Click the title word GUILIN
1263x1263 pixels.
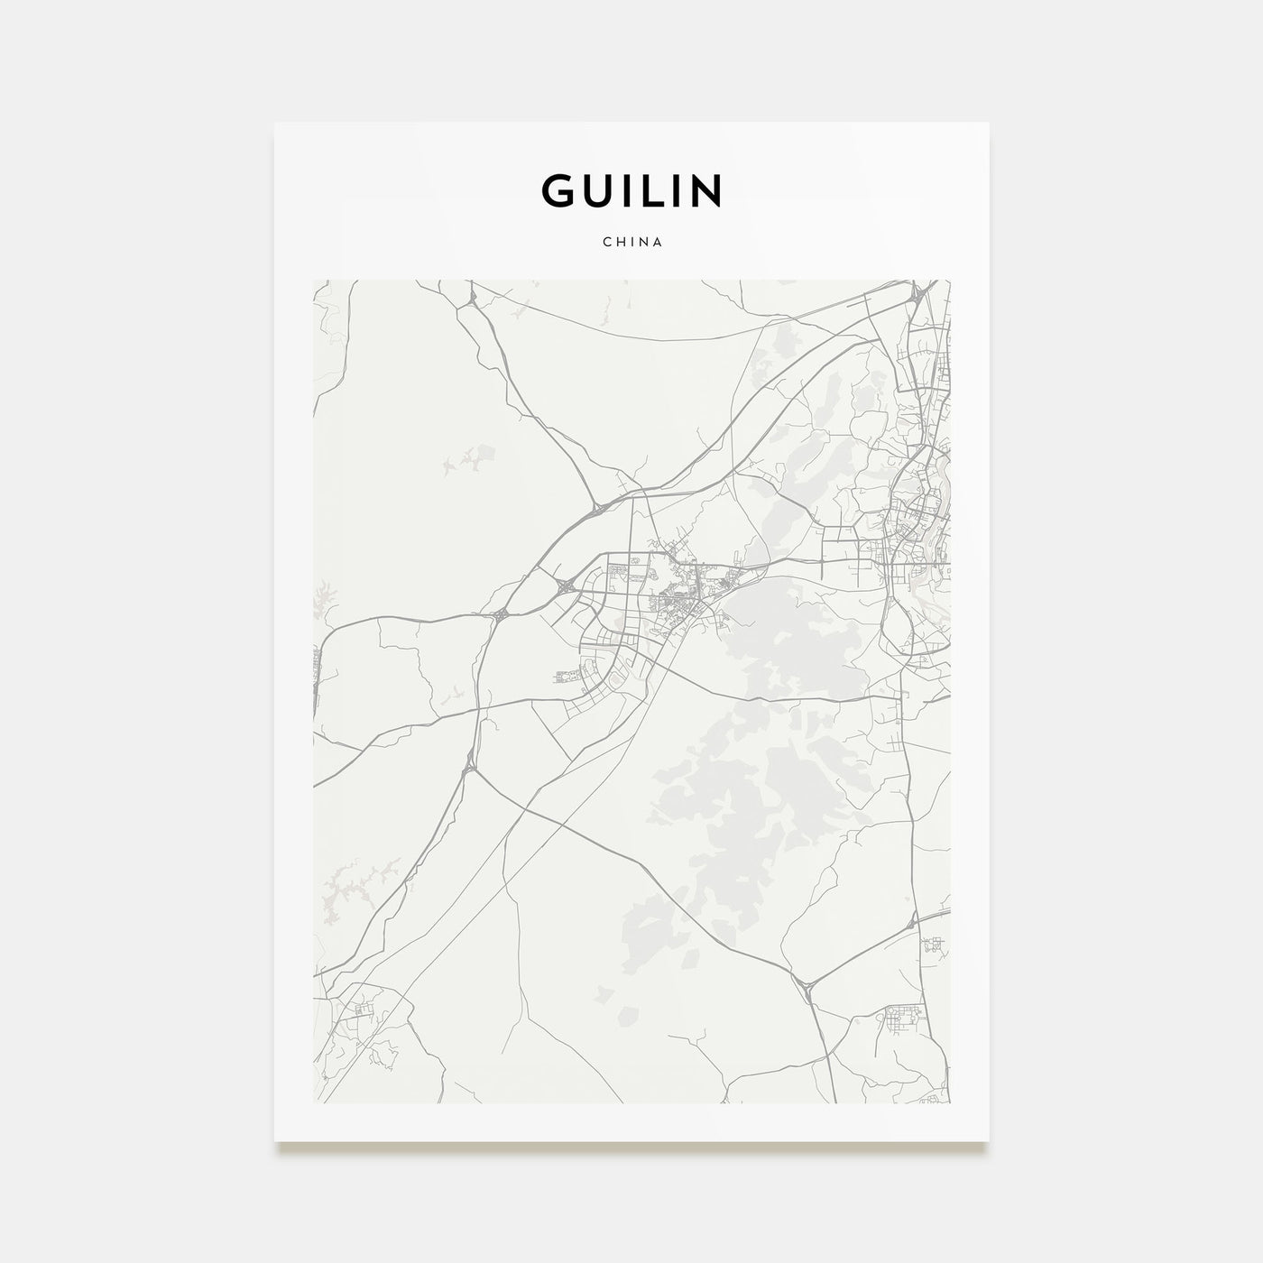pyautogui.click(x=631, y=190)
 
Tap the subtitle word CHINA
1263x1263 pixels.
pyautogui.click(x=631, y=243)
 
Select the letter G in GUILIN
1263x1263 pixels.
pyautogui.click(x=555, y=190)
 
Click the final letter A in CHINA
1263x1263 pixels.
pyautogui.click(x=659, y=243)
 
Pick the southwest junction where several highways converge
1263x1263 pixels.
pyautogui.click(x=468, y=769)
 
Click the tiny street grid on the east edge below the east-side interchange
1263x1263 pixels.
pyautogui.click(x=934, y=946)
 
